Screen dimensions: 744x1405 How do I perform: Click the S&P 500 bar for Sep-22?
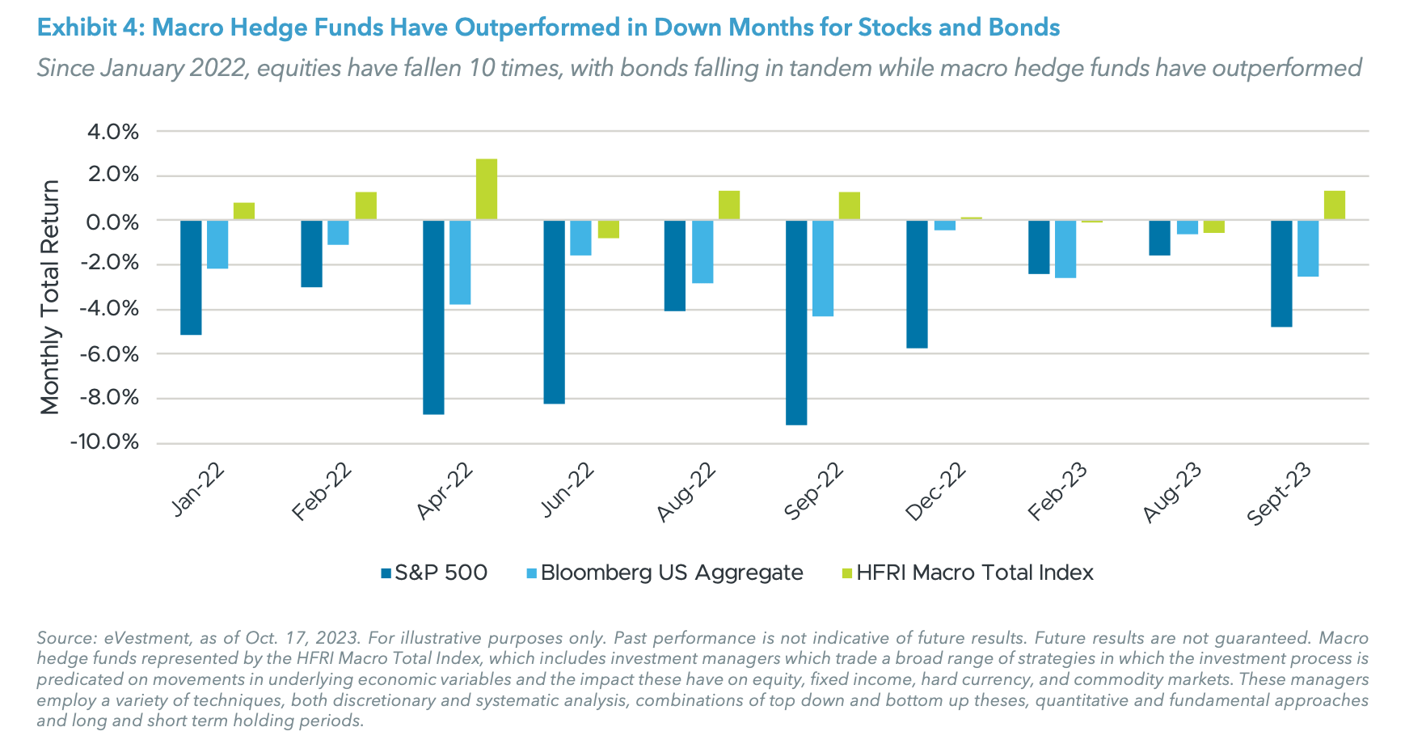(796, 322)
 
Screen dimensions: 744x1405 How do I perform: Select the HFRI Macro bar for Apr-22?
(487, 189)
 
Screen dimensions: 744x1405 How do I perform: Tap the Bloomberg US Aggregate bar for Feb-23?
(1065, 249)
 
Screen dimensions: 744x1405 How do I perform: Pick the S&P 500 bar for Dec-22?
(917, 284)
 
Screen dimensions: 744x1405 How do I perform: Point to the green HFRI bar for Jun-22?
(608, 229)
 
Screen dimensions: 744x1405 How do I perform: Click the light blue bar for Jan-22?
(217, 244)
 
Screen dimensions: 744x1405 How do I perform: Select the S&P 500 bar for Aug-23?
(1159, 238)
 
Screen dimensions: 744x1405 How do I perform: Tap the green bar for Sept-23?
(1335, 205)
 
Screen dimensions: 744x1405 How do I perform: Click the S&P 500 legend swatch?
(386, 573)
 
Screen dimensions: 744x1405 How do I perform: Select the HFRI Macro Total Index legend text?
(974, 573)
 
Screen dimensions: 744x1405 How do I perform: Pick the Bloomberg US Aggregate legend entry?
(671, 573)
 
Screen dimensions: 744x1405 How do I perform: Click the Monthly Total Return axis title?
(50, 297)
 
